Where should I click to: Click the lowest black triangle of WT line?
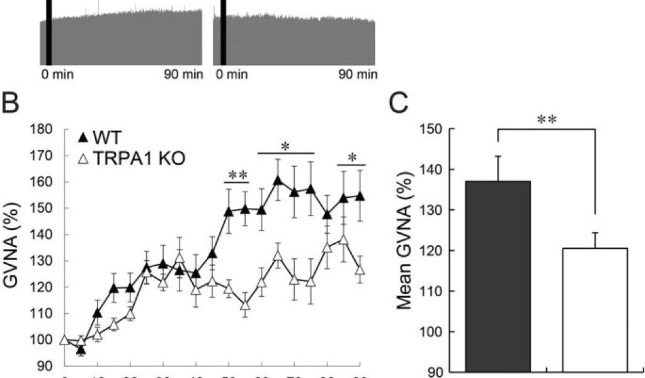(x=81, y=348)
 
